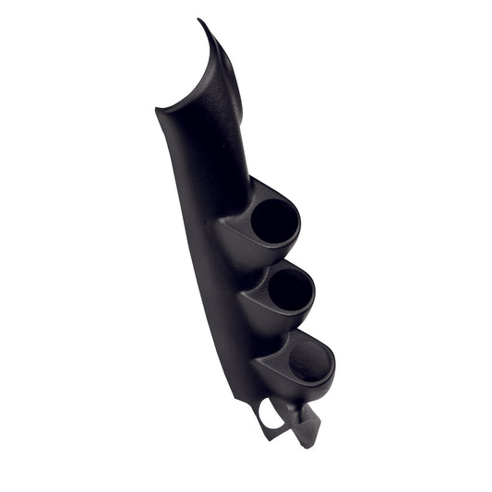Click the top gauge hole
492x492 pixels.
[275, 221]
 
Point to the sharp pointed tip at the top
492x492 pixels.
[199, 21]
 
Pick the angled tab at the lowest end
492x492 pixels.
[305, 427]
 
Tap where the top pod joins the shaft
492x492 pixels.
[242, 189]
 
